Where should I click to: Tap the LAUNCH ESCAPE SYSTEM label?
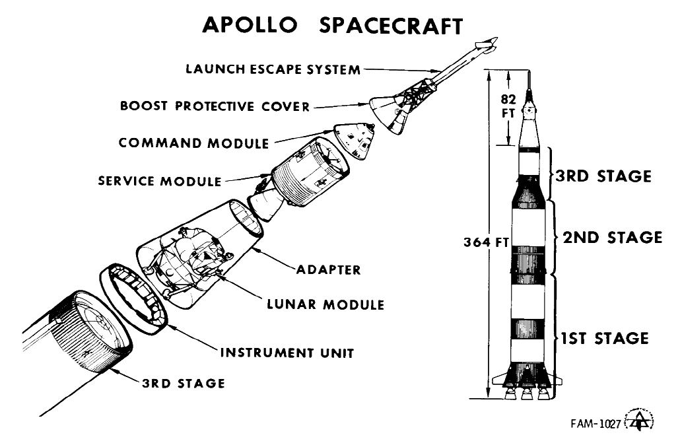[x=273, y=69]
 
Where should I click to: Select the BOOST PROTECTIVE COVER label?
[x=215, y=106]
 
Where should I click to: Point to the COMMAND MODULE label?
[x=193, y=143]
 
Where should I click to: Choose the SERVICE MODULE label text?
[x=160, y=180]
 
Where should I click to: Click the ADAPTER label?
[x=328, y=269]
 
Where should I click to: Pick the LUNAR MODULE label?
[x=325, y=304]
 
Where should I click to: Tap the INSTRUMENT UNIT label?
[x=287, y=352]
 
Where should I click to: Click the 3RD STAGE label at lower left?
[x=183, y=383]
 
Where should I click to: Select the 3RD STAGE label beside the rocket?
[x=603, y=176]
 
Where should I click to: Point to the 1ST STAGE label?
[x=604, y=339]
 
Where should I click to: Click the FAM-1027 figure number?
[x=596, y=424]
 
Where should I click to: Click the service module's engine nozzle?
[x=263, y=203]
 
